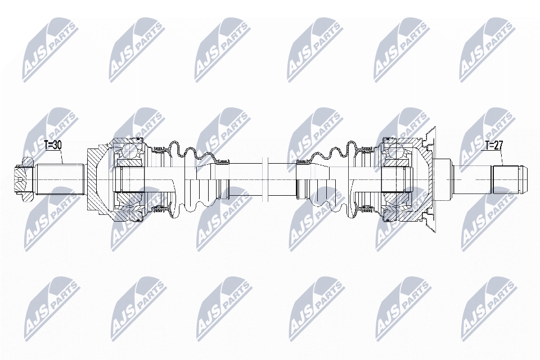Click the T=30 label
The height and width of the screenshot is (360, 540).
click(x=53, y=145)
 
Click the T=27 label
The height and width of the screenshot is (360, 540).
click(x=494, y=145)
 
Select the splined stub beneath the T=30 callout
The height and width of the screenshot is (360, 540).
click(x=60, y=179)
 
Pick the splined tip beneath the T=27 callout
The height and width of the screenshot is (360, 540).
click(x=509, y=179)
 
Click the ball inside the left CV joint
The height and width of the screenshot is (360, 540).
click(x=129, y=151)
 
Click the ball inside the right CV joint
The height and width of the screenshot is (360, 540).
click(x=395, y=151)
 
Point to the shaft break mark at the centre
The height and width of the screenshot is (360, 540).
click(x=265, y=179)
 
